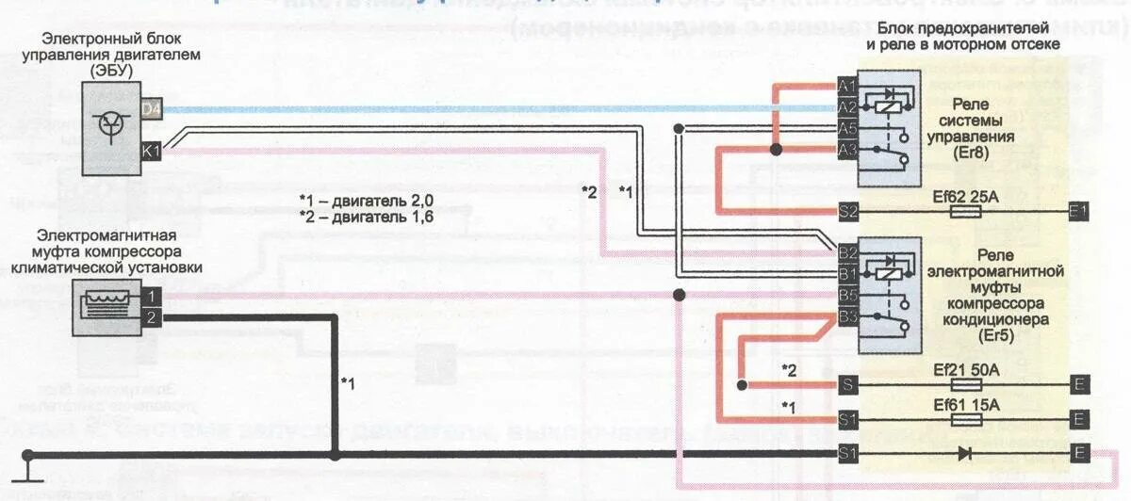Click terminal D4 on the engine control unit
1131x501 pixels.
click(x=151, y=109)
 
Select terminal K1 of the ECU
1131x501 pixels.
click(x=151, y=149)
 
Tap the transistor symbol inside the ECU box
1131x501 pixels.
click(x=111, y=124)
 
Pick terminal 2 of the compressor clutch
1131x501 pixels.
click(x=151, y=317)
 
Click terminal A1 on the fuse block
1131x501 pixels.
click(x=846, y=87)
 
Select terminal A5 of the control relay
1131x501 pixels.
click(x=846, y=128)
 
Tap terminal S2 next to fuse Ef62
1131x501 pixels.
click(x=846, y=212)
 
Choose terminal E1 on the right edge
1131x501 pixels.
click(x=1079, y=212)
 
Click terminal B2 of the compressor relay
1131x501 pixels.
click(x=846, y=253)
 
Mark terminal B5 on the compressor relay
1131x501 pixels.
click(x=846, y=295)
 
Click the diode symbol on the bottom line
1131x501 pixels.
click(x=966, y=453)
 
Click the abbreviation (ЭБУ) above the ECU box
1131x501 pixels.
click(x=110, y=70)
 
